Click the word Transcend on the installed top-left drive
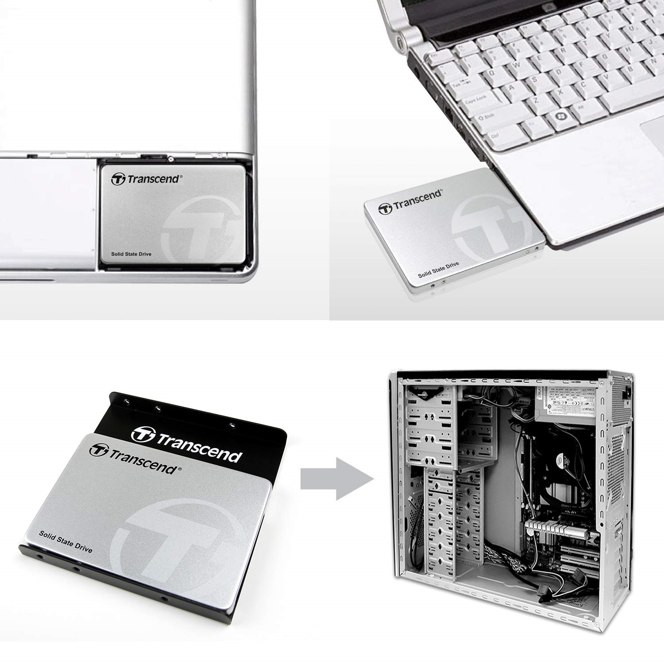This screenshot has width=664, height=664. click(x=153, y=179)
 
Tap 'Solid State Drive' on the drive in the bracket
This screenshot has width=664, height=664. click(x=66, y=541)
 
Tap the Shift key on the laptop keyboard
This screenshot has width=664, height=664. click(x=487, y=117)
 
